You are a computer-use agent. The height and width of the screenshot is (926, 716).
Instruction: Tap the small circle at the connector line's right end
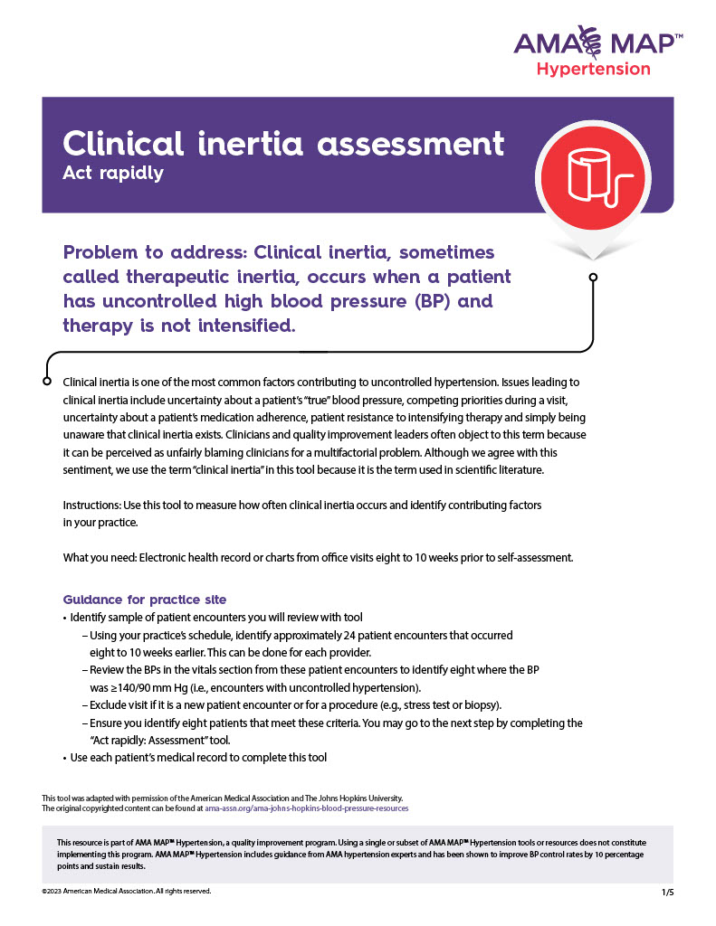(x=593, y=278)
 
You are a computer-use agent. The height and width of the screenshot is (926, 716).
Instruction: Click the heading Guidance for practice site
(x=145, y=600)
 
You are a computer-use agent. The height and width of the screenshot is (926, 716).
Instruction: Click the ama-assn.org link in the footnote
(x=307, y=808)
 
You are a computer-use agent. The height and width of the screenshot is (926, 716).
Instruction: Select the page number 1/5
(x=668, y=893)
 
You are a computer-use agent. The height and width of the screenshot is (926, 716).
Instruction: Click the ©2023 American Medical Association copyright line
(x=127, y=892)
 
